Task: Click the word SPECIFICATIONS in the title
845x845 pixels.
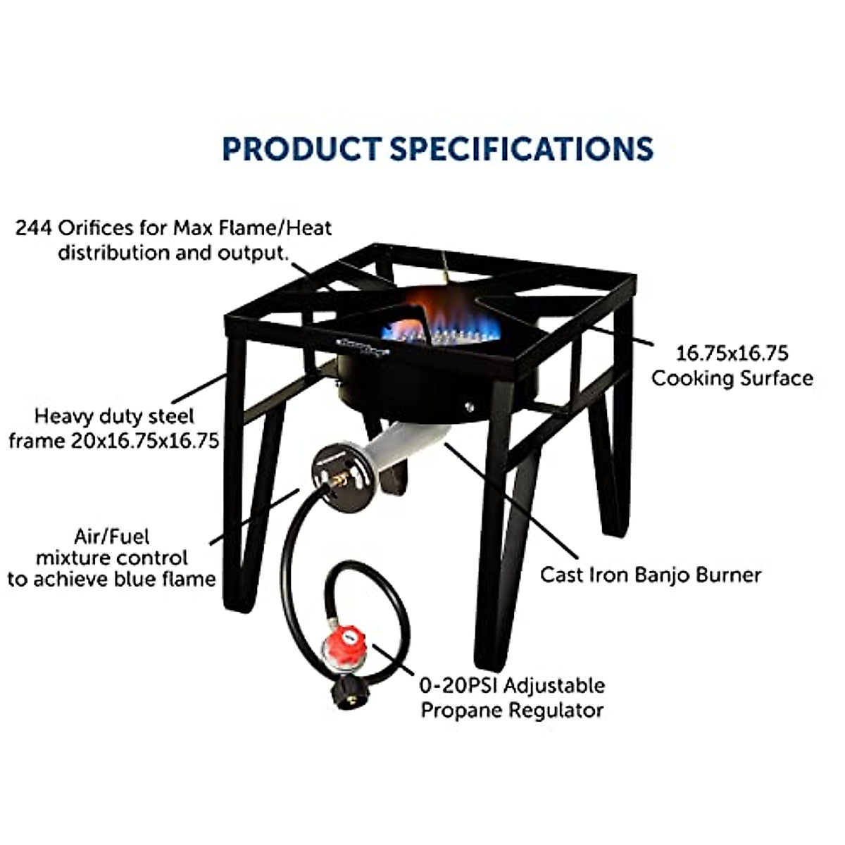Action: pyautogui.click(x=521, y=149)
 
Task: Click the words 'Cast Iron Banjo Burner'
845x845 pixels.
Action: pyautogui.click(x=651, y=575)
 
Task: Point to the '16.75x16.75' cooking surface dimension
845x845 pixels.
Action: pyautogui.click(x=732, y=353)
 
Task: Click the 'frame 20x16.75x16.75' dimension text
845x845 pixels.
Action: pyautogui.click(x=113, y=442)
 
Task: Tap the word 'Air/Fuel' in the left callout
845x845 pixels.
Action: pyautogui.click(x=112, y=537)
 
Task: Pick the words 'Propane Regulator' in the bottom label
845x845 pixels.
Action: pyautogui.click(x=512, y=710)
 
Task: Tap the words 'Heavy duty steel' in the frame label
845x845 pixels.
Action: pyautogui.click(x=114, y=416)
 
